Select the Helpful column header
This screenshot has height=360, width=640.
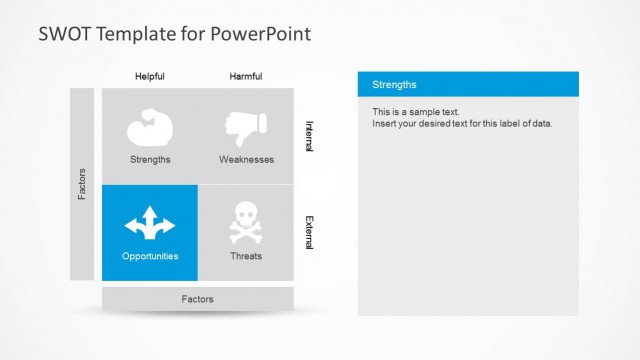(x=150, y=77)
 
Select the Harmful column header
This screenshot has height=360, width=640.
(x=246, y=77)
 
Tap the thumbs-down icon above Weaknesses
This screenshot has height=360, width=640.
(x=246, y=127)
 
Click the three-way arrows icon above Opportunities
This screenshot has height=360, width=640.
(x=150, y=223)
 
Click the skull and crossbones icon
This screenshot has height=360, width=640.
(x=246, y=223)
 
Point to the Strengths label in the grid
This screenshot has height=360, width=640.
(x=150, y=159)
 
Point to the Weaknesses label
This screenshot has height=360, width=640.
(x=246, y=159)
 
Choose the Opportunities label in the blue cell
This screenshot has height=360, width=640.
(x=150, y=256)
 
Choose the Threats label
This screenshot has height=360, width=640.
(x=246, y=256)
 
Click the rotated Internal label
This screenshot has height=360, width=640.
(x=309, y=136)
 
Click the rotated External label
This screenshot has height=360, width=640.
(x=309, y=233)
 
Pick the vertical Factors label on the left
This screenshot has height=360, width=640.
(x=82, y=183)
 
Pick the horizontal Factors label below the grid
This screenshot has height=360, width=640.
(x=197, y=299)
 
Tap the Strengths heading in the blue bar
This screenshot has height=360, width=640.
(x=394, y=85)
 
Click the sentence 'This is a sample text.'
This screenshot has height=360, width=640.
(x=416, y=112)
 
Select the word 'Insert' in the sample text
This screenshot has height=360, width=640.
(x=385, y=124)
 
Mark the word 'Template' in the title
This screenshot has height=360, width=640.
(x=133, y=33)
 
